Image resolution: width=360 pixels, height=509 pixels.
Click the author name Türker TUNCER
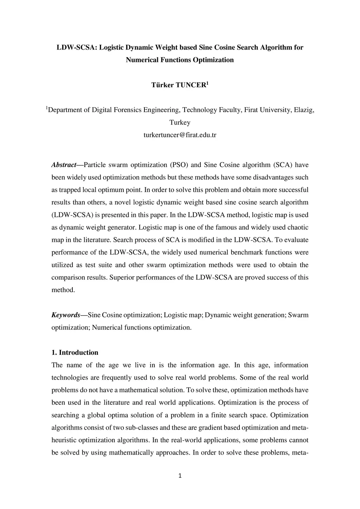click(178, 85)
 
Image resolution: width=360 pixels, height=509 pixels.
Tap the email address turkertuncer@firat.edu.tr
click(180, 135)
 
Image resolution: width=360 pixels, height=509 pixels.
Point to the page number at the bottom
click(180, 476)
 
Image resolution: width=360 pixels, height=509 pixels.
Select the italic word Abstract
click(64, 165)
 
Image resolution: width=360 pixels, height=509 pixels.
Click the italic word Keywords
click(66, 315)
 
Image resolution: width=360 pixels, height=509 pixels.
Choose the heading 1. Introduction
click(75, 353)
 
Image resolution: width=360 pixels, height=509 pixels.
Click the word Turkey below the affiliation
click(180, 122)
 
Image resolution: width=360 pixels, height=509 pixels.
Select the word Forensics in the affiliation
click(127, 110)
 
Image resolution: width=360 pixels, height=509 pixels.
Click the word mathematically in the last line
click(131, 453)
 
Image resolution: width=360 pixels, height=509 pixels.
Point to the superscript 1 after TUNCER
click(207, 84)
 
